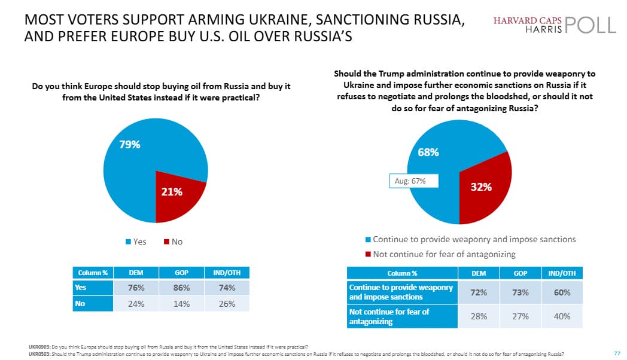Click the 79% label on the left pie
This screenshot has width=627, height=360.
click(129, 144)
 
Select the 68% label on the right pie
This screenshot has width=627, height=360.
click(428, 152)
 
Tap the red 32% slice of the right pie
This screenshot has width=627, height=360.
click(482, 187)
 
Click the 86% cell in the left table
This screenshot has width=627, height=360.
click(182, 288)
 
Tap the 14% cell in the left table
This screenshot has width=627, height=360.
click(182, 303)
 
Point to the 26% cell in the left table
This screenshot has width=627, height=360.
click(227, 303)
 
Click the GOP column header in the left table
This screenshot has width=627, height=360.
click(182, 273)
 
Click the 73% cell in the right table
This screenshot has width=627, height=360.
click(520, 292)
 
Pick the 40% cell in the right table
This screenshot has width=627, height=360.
click(562, 316)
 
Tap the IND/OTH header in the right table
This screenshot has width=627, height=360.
click(562, 273)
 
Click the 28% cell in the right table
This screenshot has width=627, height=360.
click(479, 316)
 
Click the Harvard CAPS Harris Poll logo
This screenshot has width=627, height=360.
click(554, 24)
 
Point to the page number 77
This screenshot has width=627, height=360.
click(617, 353)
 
